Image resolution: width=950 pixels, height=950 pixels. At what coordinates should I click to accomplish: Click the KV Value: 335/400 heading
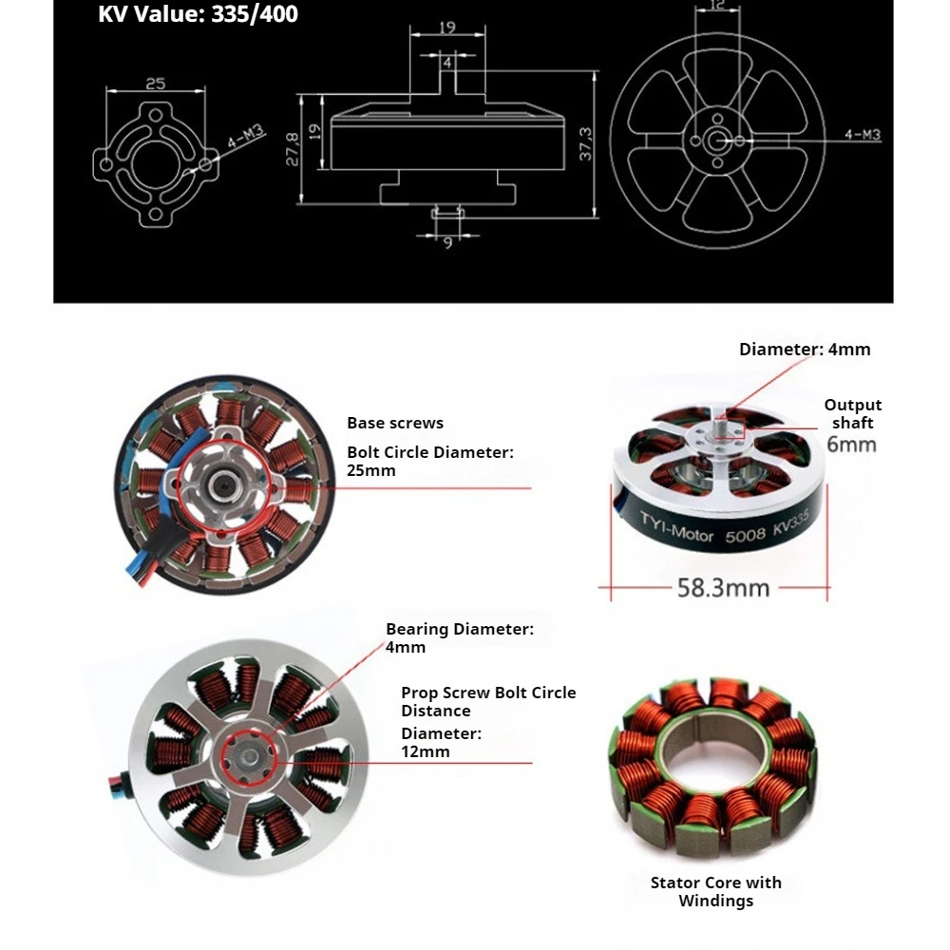pyautogui.click(x=198, y=15)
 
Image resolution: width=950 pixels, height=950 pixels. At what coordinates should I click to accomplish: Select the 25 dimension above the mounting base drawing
pyautogui.click(x=155, y=85)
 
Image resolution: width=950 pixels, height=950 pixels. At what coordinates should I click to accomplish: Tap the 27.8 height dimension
pyautogui.click(x=293, y=148)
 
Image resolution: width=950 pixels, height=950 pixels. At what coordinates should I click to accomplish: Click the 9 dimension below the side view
pyautogui.click(x=447, y=242)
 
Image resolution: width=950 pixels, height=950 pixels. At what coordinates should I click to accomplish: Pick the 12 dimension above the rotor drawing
pyautogui.click(x=719, y=6)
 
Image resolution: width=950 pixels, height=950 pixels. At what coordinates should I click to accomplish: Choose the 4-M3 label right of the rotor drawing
pyautogui.click(x=863, y=135)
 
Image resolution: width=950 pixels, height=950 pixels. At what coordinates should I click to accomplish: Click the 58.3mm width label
pyautogui.click(x=723, y=588)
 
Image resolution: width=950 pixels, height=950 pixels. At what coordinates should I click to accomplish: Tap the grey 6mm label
pyautogui.click(x=851, y=445)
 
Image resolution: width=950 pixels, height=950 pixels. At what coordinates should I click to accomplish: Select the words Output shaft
pyautogui.click(x=852, y=414)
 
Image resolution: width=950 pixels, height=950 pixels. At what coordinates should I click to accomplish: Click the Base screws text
pyautogui.click(x=395, y=423)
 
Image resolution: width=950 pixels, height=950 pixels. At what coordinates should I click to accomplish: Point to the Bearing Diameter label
pyautogui.click(x=459, y=629)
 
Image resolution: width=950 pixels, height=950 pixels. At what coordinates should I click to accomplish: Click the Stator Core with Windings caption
pyautogui.click(x=715, y=891)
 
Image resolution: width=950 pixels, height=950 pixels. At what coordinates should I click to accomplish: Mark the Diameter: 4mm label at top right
pyautogui.click(x=805, y=349)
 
